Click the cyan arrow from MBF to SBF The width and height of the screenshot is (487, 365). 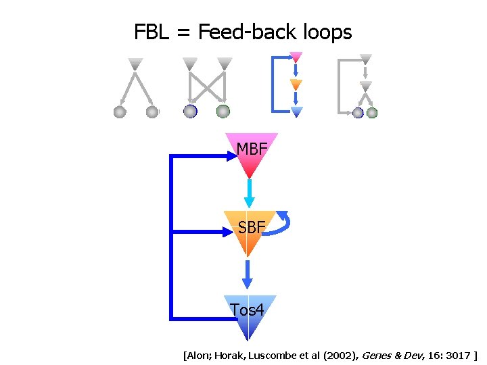click(249, 193)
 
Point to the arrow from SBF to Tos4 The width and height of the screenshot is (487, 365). click(248, 273)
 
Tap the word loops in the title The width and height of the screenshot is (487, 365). click(326, 32)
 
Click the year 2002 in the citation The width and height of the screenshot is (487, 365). click(324, 355)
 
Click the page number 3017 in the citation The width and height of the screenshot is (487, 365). click(458, 355)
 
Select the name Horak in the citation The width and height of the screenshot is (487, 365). click(229, 355)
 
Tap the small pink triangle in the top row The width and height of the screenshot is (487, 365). click(296, 57)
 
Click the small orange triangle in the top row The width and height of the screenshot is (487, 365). click(296, 85)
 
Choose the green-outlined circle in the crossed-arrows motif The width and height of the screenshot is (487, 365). click(223, 112)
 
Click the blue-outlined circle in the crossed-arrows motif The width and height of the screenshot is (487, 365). click(191, 112)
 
